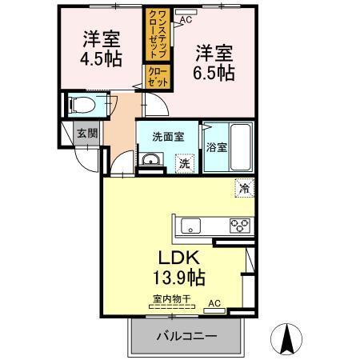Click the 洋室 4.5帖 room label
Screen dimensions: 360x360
(x=101, y=48)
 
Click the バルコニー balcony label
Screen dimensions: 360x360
(x=186, y=337)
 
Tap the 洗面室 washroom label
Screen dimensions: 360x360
(x=168, y=136)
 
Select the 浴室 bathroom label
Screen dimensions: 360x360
(x=215, y=148)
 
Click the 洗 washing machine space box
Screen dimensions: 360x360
(x=184, y=163)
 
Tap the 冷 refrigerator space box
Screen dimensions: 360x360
(x=242, y=190)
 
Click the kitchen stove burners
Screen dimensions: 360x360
(x=239, y=225)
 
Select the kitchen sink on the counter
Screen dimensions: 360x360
(x=191, y=225)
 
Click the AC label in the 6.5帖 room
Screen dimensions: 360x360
(x=185, y=19)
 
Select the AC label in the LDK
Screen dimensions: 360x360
(x=214, y=303)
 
